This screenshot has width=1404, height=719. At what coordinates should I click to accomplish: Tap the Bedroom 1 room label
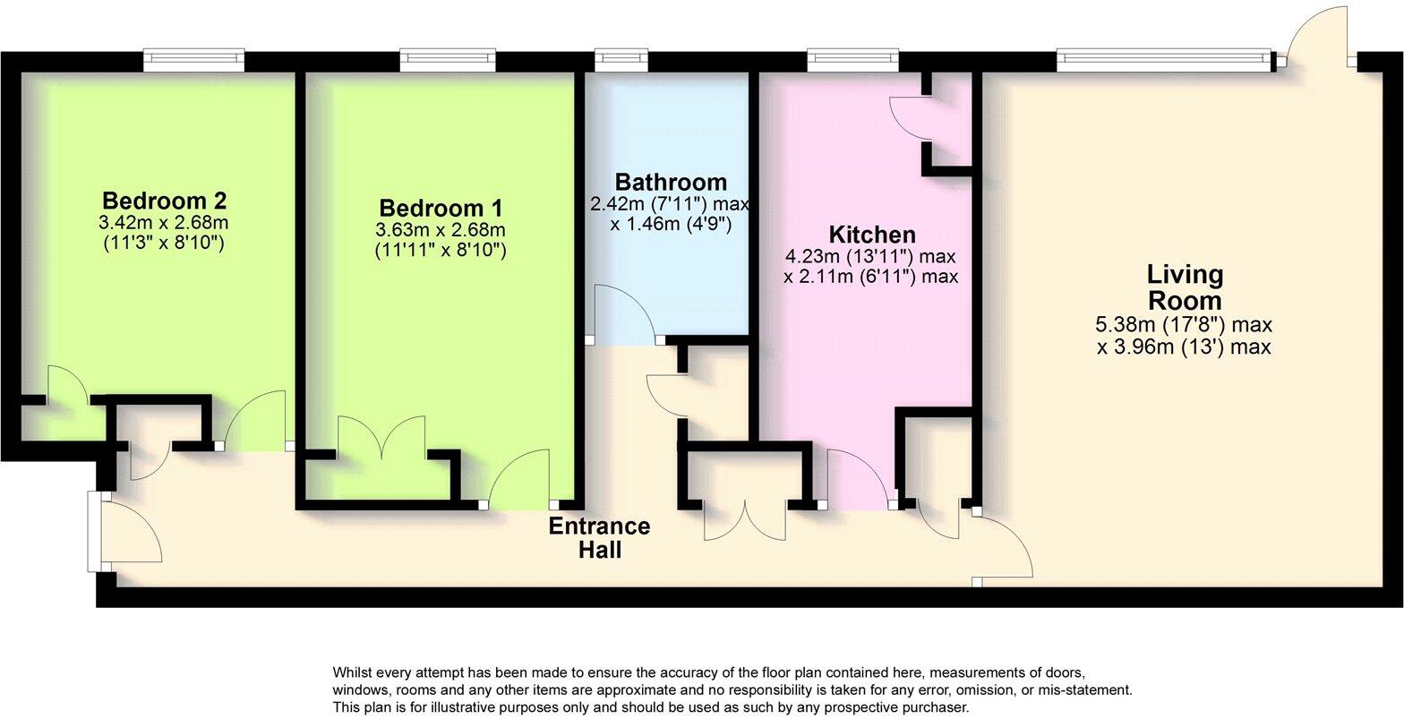tap(440, 208)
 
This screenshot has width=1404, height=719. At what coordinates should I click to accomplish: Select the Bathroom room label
tap(671, 183)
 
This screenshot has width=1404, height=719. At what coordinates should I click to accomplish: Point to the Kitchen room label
tap(871, 235)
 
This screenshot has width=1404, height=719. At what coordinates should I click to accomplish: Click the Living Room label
tap(1184, 287)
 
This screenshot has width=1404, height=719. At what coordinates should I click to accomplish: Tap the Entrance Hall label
tap(599, 537)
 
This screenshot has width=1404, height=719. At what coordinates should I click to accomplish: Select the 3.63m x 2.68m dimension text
tap(440, 230)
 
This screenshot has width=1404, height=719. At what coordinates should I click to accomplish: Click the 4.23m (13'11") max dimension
tap(871, 257)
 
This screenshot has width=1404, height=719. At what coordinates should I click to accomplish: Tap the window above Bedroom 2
tap(194, 60)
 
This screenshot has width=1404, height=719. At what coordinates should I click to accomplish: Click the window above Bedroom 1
tap(448, 60)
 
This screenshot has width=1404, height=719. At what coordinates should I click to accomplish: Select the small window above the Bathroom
tap(621, 60)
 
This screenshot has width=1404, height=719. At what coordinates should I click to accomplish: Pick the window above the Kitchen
tap(853, 60)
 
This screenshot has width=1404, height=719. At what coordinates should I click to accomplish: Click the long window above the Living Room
tap(1163, 60)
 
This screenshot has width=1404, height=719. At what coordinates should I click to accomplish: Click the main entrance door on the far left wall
tap(125, 535)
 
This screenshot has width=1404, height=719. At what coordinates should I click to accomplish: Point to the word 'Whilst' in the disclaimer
tap(353, 672)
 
